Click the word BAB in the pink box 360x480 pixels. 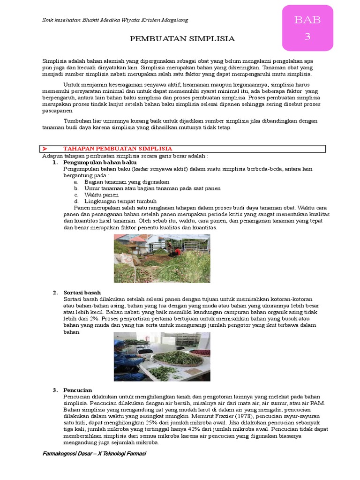pyautogui.click(x=307, y=20)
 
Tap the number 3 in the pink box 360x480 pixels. pyautogui.click(x=307, y=37)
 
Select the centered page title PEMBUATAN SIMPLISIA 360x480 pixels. pyautogui.click(x=182, y=39)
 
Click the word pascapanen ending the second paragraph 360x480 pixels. pyautogui.click(x=58, y=111)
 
